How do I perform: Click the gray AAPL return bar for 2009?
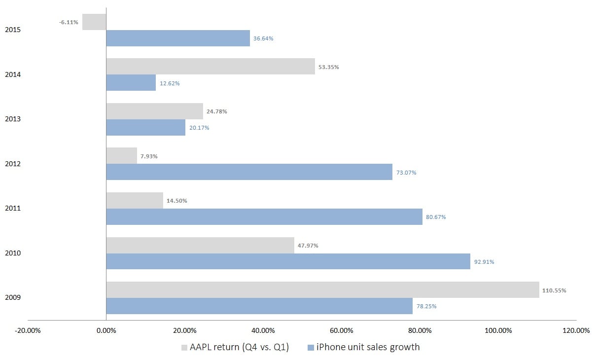pos(322,290)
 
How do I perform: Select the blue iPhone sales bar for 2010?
pos(288,261)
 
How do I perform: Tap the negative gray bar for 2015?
pos(94,22)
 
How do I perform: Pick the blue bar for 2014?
pos(131,83)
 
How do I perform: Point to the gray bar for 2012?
pos(121,156)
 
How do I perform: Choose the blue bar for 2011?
pos(264,217)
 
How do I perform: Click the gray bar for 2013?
pos(154,111)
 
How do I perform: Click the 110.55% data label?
pos(555,290)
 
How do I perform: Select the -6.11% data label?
pos(69,22)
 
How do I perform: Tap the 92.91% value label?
pos(484,262)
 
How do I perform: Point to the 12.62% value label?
pos(170,83)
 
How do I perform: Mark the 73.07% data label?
pos(406,173)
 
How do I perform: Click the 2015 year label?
pos(12,30)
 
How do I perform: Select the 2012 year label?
pos(12,164)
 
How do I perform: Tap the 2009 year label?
pos(12,298)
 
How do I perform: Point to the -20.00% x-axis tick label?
pos(28,330)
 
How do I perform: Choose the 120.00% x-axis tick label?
pos(576,330)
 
